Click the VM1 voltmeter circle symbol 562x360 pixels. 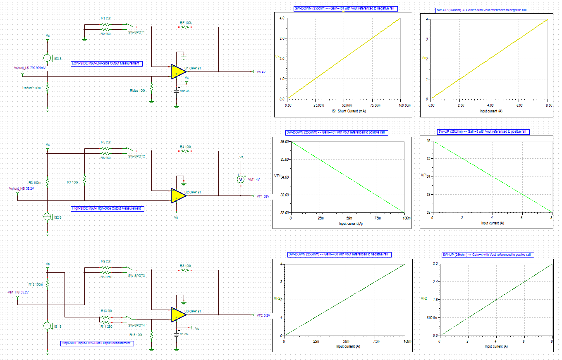(x=241, y=179)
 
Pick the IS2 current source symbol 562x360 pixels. (x=48, y=217)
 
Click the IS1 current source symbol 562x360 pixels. (x=48, y=326)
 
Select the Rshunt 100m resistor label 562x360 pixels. (x=31, y=88)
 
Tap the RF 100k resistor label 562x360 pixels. (x=185, y=23)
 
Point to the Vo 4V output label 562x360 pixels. (x=261, y=72)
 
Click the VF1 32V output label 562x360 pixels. (x=263, y=196)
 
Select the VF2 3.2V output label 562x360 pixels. (x=263, y=315)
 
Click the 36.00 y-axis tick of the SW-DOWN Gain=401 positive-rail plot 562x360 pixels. (x=285, y=142)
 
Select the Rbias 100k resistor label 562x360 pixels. (x=138, y=90)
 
